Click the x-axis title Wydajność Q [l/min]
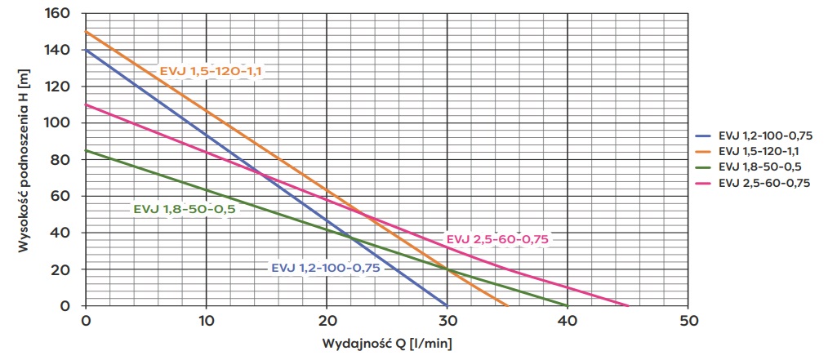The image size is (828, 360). pos(386,341)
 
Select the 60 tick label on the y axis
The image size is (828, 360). pos(64,196)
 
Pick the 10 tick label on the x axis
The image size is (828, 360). pos(206,319)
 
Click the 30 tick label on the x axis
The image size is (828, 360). pos(447,319)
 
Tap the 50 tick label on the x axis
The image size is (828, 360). pos(688,319)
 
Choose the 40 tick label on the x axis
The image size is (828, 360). pos(568,319)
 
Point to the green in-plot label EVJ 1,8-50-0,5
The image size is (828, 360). pos(184,209)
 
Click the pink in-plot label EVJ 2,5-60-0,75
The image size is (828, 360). pos(498,238)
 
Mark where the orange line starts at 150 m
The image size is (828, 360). pos(86,32)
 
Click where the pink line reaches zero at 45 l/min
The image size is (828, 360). pos(628,305)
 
